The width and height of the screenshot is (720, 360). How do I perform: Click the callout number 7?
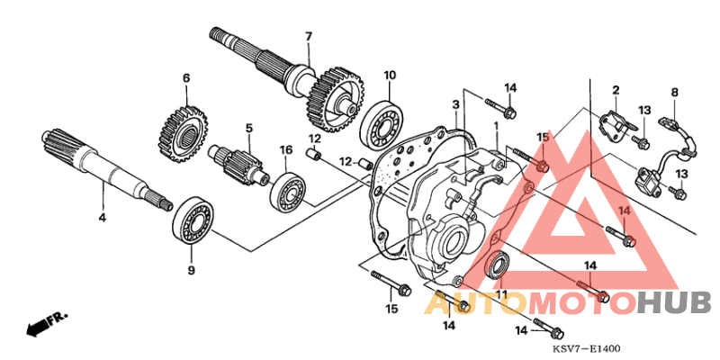(308, 36)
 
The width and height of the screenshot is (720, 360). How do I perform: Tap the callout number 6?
(186, 78)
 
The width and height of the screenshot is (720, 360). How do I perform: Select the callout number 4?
(102, 219)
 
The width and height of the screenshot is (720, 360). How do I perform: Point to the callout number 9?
(190, 270)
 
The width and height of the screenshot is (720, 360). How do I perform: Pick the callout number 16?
(285, 149)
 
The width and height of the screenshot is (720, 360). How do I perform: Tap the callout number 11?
(500, 294)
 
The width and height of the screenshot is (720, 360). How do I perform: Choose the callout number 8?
(674, 92)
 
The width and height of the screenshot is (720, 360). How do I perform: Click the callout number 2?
(616, 90)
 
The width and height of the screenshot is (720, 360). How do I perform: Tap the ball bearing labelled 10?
(383, 126)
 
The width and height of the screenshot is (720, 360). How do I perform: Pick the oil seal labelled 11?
(497, 266)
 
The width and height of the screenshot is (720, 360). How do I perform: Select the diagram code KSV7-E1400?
(588, 348)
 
